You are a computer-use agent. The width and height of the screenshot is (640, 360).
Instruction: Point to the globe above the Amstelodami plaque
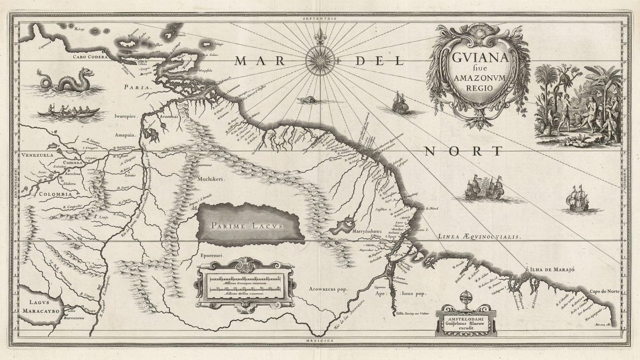(466, 298)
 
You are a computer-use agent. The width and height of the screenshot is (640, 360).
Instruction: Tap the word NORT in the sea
(463, 151)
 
